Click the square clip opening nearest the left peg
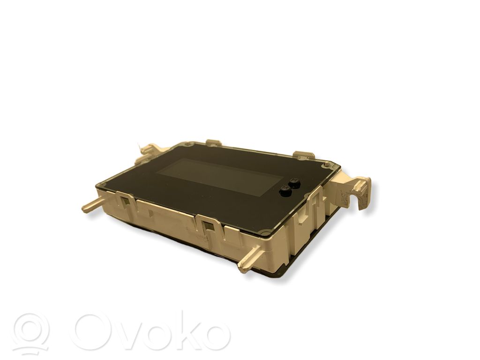tap(125, 201)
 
